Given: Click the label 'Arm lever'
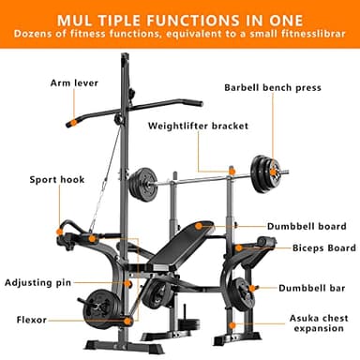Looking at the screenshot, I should [x=73, y=82].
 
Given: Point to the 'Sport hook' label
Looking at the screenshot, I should [x=56, y=179].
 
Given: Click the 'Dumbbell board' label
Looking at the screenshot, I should [x=307, y=226].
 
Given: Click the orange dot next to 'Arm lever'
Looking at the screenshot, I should [x=69, y=121].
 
